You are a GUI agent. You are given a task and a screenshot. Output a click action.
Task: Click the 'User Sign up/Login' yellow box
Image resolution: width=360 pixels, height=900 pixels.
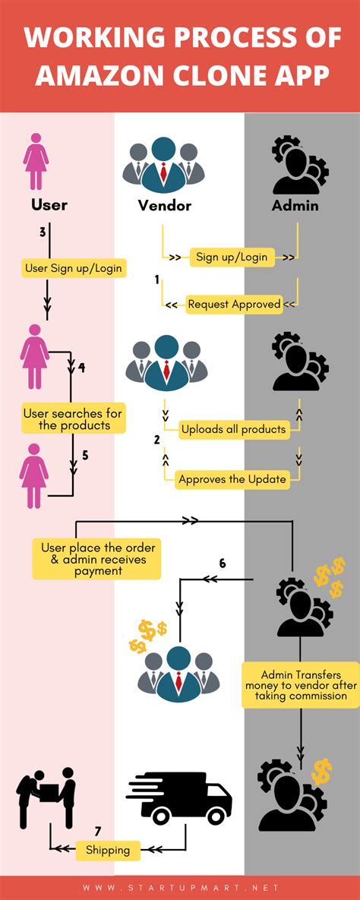74,267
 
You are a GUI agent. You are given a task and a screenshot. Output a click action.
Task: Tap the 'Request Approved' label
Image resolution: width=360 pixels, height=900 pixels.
234,305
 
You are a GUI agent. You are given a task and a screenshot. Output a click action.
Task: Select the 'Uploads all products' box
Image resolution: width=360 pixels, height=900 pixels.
233,429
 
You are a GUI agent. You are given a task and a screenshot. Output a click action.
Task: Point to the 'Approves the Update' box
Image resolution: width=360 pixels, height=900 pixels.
232,479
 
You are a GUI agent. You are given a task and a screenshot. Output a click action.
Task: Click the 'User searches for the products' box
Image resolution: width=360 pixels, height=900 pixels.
72,419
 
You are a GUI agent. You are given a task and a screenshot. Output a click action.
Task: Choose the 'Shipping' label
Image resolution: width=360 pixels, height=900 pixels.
108,850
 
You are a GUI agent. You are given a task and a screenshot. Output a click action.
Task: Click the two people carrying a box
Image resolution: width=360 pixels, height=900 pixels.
46,797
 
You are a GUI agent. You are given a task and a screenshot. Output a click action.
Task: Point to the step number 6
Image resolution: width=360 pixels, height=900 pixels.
223,563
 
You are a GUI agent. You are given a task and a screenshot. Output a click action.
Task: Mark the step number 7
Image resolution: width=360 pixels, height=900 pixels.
98,831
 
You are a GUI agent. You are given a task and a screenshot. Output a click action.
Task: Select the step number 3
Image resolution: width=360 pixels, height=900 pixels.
42,232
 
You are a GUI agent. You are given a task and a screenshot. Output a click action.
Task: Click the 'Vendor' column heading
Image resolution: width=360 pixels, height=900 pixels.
164,205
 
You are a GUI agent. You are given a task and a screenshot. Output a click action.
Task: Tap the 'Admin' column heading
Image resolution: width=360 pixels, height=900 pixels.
295,205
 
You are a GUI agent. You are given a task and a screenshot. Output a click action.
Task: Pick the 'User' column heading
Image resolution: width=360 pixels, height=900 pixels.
49,204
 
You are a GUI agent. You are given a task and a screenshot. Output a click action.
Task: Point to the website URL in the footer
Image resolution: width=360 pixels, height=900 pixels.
180,887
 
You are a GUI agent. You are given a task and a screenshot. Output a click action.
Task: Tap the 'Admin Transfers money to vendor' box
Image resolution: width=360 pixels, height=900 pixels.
300,685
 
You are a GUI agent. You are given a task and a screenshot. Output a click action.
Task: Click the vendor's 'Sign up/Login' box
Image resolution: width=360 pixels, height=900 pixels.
232,257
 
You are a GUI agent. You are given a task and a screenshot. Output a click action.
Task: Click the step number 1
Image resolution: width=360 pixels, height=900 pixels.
156,279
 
